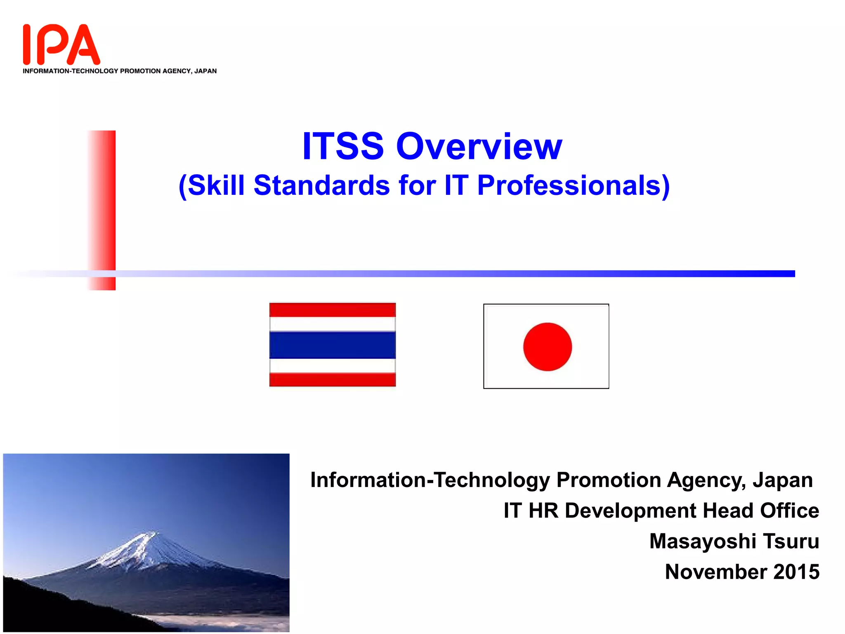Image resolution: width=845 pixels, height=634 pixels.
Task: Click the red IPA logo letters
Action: click(61, 45)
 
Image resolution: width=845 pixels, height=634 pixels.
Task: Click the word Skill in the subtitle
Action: click(216, 185)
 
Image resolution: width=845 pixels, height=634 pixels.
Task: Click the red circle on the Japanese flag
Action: click(547, 347)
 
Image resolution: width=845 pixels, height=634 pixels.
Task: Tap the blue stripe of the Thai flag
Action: click(332, 345)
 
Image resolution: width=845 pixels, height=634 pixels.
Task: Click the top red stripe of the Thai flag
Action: click(332, 310)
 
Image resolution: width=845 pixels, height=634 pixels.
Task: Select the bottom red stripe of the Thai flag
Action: click(332, 379)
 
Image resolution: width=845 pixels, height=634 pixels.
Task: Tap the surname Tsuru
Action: click(791, 541)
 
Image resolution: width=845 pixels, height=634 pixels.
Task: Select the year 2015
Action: click(796, 572)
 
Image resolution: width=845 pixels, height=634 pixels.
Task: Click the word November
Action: click(716, 572)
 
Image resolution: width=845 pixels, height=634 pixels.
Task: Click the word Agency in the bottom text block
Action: click(706, 480)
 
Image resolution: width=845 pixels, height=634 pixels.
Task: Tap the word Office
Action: click(789, 511)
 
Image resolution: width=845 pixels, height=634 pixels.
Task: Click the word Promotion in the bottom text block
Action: click(609, 480)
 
